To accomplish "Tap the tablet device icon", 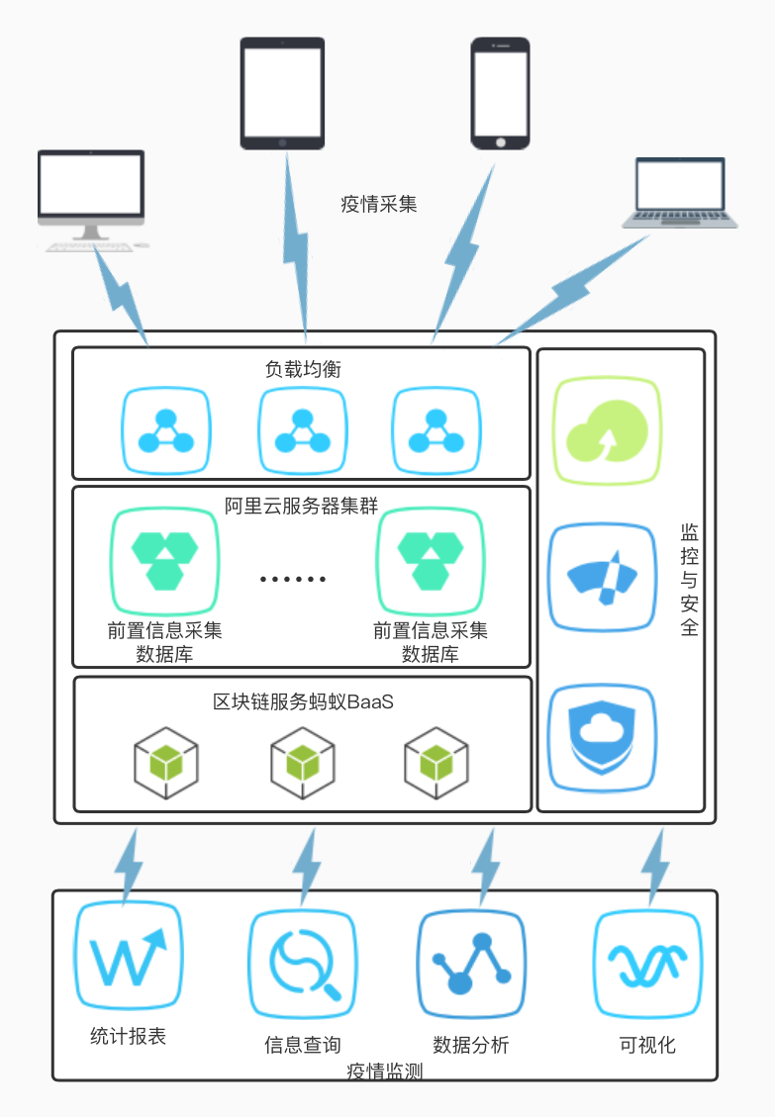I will click(282, 94).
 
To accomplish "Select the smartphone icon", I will click(500, 93).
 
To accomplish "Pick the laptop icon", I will click(680, 194).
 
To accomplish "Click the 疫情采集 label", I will click(378, 205).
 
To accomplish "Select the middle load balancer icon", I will click(302, 431).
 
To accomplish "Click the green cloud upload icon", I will click(604, 431).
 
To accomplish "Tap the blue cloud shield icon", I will click(603, 737).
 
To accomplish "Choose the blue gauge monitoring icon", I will click(603, 579).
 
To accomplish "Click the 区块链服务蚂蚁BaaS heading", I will click(304, 701).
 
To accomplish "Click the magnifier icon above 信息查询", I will click(302, 965).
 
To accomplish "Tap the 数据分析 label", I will click(471, 1045).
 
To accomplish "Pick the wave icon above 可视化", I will click(647, 965).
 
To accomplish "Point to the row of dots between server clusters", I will click(293, 579).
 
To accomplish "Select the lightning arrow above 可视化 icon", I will click(655, 867).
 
